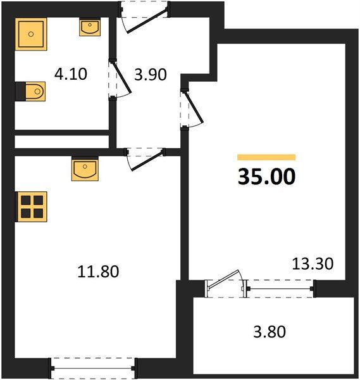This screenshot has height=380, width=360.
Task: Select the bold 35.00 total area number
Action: (x=266, y=177)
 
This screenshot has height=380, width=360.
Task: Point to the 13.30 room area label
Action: (x=311, y=262)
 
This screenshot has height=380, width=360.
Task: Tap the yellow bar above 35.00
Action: (x=266, y=157)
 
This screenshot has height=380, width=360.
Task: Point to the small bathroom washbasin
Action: (x=89, y=27)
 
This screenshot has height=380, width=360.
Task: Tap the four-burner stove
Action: (x=30, y=206)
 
